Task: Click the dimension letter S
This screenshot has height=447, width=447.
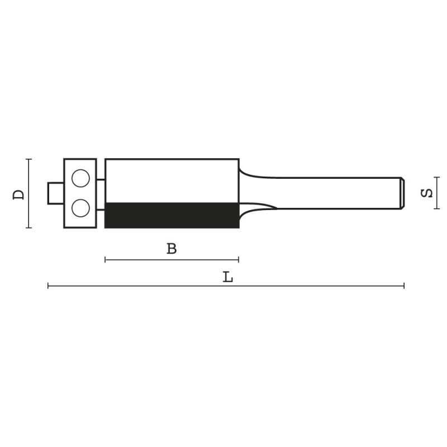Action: [427, 193]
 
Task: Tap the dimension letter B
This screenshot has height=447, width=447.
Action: [172, 249]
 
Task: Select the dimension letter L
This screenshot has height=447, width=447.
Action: [228, 277]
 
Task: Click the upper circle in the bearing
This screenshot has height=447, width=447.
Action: [80, 178]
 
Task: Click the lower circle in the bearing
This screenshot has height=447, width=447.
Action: [80, 208]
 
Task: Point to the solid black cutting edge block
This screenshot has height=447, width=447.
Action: [172, 216]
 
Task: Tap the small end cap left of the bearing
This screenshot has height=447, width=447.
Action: [55, 193]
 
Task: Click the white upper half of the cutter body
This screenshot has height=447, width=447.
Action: [172, 180]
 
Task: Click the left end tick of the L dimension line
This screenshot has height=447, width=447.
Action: [48, 286]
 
